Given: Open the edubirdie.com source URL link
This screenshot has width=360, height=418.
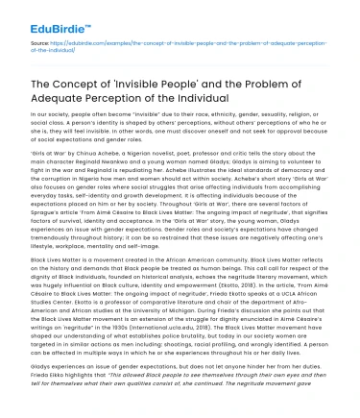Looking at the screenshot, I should pos(193,44).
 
